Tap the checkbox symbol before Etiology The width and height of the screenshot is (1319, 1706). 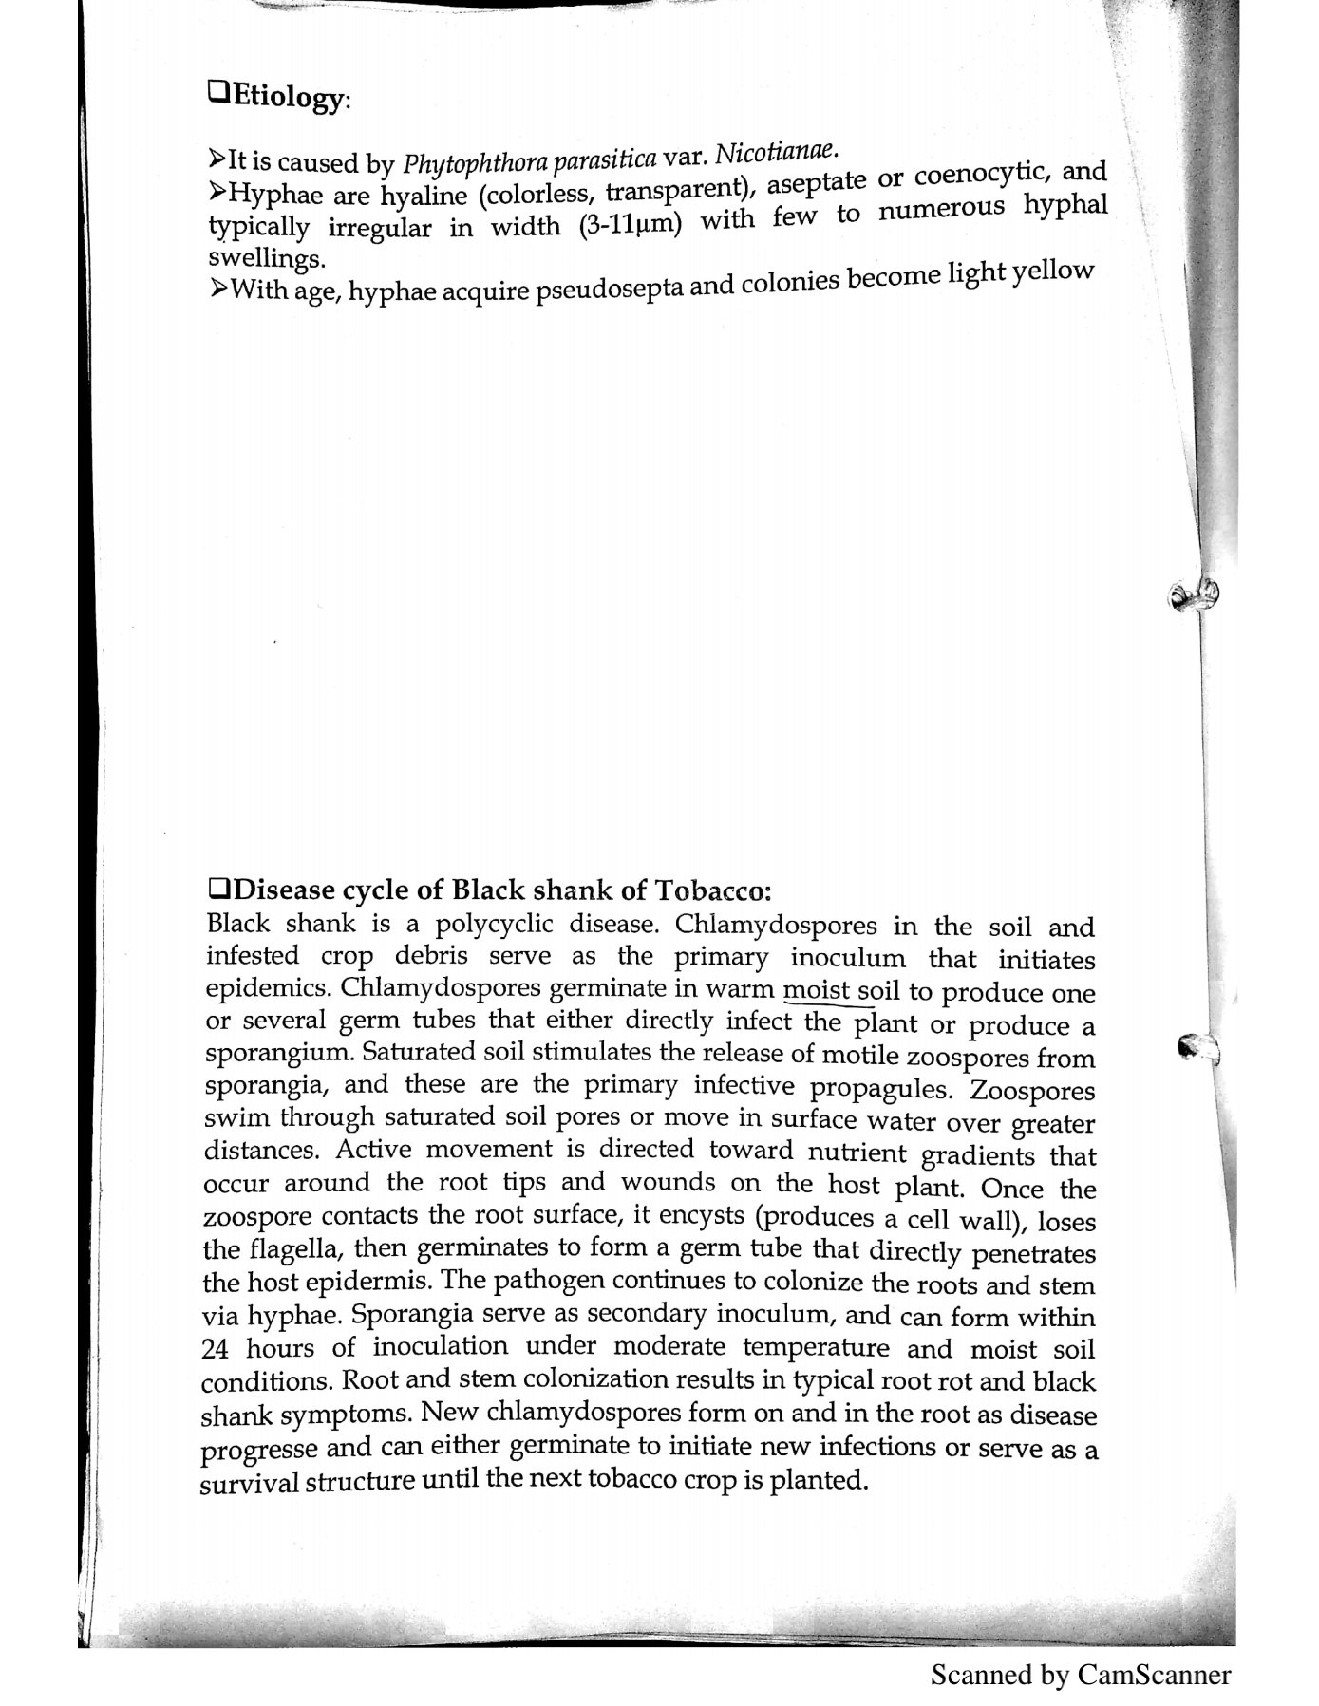point(217,93)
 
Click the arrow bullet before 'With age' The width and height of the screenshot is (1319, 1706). point(217,288)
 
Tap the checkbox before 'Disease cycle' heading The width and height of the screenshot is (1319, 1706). point(217,890)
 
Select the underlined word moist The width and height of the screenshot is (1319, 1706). point(816,990)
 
